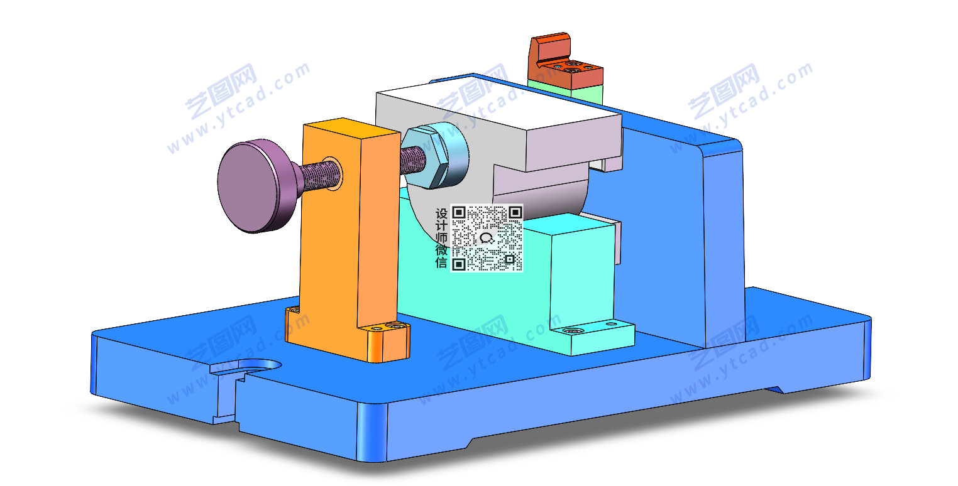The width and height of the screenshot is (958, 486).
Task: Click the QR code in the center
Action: click(x=487, y=238)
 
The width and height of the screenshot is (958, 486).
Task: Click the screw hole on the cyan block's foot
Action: click(x=571, y=330)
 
